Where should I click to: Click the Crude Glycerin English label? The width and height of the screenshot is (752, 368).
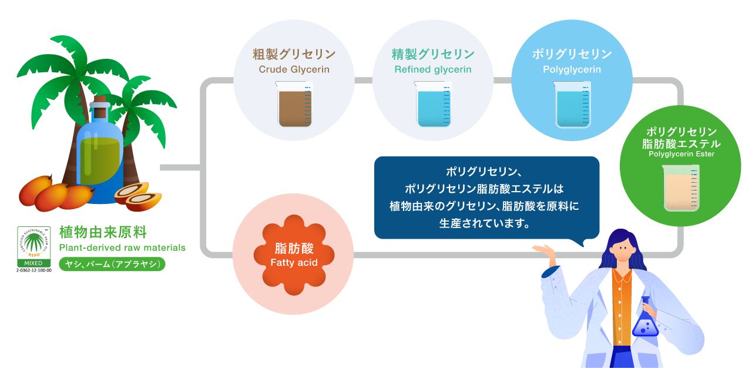point(294,69)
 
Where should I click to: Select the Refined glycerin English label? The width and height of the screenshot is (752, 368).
point(433,69)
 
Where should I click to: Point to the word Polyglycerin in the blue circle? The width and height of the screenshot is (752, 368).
point(572,69)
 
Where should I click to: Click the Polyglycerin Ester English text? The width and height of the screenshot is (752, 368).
point(681,154)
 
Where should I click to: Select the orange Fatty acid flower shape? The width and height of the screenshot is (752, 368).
point(294,255)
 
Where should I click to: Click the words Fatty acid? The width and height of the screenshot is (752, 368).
point(294,263)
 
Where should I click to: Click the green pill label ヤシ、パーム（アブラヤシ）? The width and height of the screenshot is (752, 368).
point(112,265)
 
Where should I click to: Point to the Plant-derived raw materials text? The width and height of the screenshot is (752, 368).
point(122,247)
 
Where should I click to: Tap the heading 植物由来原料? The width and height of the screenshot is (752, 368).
point(103,232)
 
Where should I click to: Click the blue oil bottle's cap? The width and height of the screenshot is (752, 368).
point(100,106)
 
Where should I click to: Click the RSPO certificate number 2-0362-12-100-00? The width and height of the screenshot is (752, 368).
point(33,270)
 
